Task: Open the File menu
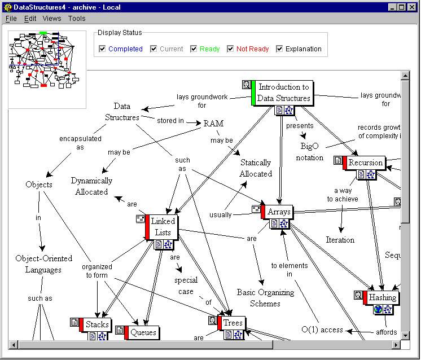click(11, 19)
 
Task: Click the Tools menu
click(77, 19)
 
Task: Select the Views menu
click(52, 19)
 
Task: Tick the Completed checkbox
click(102, 49)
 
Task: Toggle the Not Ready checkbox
click(230, 49)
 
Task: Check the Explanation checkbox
click(279, 49)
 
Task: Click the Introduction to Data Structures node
click(283, 93)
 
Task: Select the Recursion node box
click(365, 163)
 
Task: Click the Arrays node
click(279, 212)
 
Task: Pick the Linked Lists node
click(163, 227)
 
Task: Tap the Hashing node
click(382, 297)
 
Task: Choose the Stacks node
click(97, 324)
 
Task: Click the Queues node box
click(143, 332)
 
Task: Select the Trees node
click(233, 323)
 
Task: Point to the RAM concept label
click(213, 124)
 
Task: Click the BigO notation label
click(310, 152)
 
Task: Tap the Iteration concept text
click(340, 240)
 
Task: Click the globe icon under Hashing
click(378, 309)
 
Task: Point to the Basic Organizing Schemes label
click(265, 298)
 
